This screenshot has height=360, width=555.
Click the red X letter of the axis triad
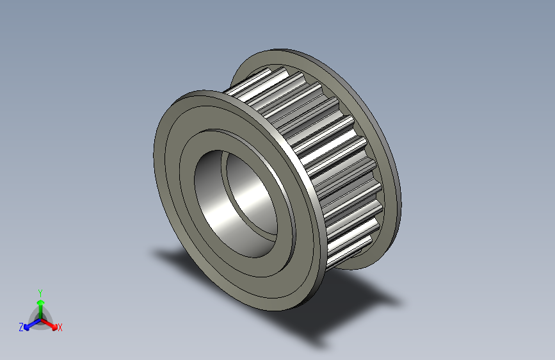(x=60, y=327)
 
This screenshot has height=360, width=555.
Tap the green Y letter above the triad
(x=40, y=291)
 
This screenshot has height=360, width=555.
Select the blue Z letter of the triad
(x=21, y=327)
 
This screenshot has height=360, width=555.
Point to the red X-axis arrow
(x=51, y=322)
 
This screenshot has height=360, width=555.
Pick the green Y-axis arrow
(x=40, y=305)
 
